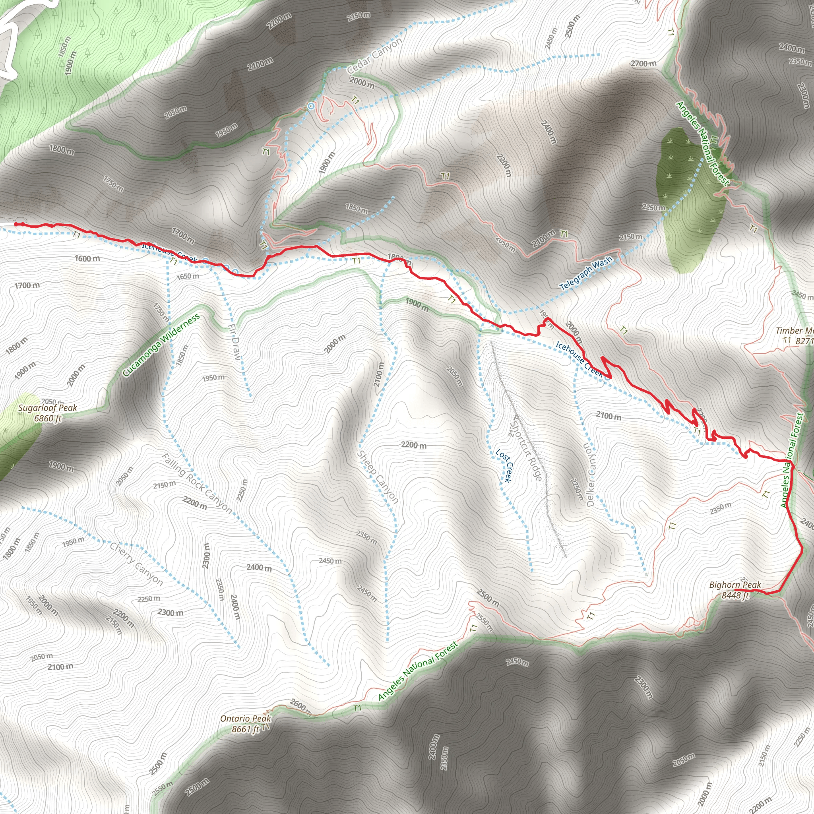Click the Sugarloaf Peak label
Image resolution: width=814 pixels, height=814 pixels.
pyautogui.click(x=48, y=413)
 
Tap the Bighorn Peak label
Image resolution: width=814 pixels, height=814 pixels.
pyautogui.click(x=735, y=590)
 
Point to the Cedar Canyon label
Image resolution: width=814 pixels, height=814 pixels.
pyautogui.click(x=374, y=56)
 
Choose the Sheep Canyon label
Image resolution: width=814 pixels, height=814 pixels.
pyautogui.click(x=378, y=477)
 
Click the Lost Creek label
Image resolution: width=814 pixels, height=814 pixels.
pyautogui.click(x=504, y=465)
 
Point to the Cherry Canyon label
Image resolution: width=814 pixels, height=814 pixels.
pyautogui.click(x=136, y=564)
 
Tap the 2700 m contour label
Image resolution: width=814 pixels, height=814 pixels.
pyautogui.click(x=643, y=64)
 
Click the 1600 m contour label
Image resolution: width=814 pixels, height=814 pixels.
pyautogui.click(x=87, y=258)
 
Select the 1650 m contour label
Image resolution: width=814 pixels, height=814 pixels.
pyautogui.click(x=188, y=276)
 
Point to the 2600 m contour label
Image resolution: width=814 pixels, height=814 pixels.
pyautogui.click(x=300, y=707)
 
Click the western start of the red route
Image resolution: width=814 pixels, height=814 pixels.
pyautogui.click(x=16, y=224)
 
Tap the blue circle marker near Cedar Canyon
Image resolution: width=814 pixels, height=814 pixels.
pyautogui.click(x=311, y=106)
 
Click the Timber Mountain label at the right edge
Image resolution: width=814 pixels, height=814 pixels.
pyautogui.click(x=795, y=336)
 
